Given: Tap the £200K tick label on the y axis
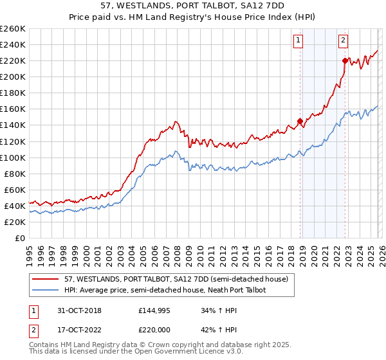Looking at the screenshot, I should point(13,76).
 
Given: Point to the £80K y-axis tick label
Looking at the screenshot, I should point(15,174).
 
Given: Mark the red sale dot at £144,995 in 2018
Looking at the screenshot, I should point(300,121).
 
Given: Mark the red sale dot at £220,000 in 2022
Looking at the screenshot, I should point(345,60).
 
